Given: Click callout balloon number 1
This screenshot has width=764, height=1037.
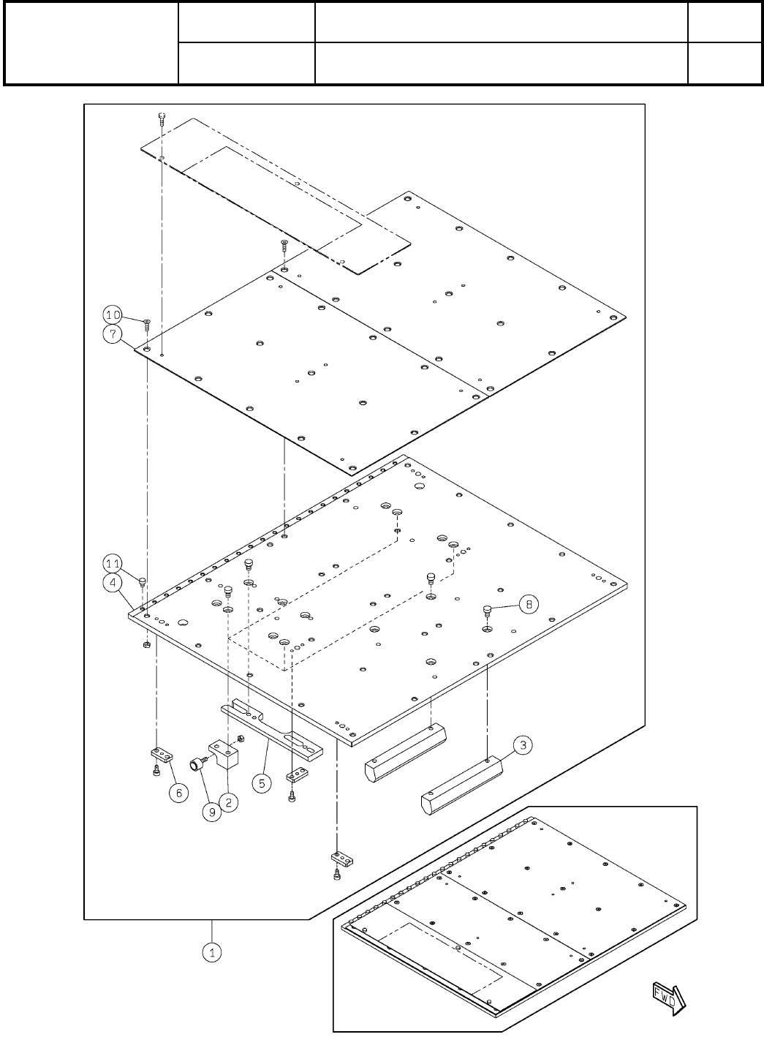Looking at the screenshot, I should pos(212,953).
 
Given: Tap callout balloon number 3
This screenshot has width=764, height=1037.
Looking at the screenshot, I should pos(522,746).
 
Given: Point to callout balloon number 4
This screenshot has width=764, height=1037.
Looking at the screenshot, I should pos(112,583).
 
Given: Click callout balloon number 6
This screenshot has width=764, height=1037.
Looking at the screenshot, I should pos(180,792).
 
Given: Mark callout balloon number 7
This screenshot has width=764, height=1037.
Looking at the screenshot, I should pos(112,334).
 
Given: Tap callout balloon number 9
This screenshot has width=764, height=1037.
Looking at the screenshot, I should pos(211,812).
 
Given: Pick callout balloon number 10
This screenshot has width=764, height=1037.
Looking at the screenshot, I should pos(112,315).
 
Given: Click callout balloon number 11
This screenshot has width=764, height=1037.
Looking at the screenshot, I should pos(112,564).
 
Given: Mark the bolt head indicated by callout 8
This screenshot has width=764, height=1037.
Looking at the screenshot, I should pos(487,608).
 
